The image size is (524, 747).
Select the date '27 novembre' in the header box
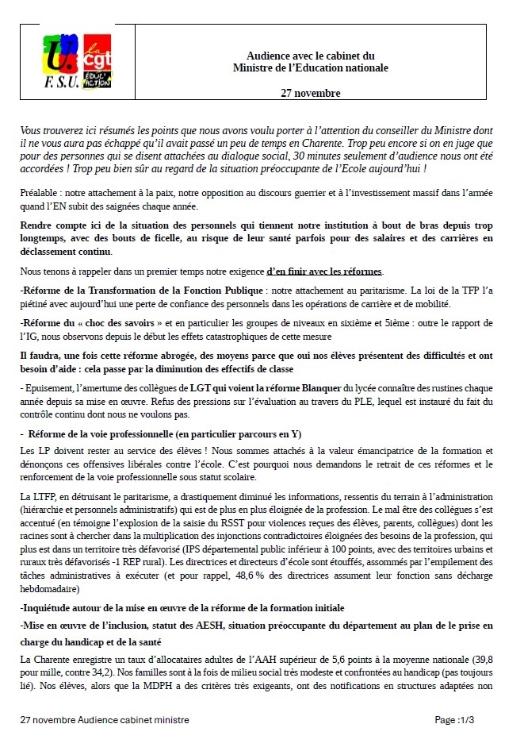[x=311, y=94]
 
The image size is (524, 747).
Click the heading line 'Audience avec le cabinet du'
[x=311, y=56]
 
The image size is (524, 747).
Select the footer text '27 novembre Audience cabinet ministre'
[x=104, y=719]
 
